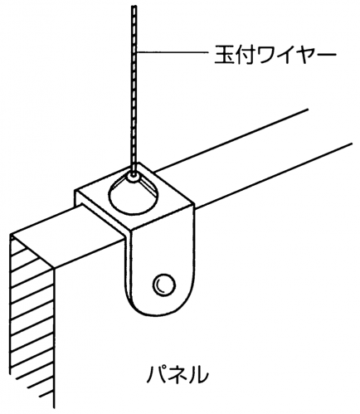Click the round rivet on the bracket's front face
164,285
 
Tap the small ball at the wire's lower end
134,178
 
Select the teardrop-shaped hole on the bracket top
134,194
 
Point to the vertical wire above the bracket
134,89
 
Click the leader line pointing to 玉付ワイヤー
173,52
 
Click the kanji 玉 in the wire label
223,53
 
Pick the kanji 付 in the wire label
243,53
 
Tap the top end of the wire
134,6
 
